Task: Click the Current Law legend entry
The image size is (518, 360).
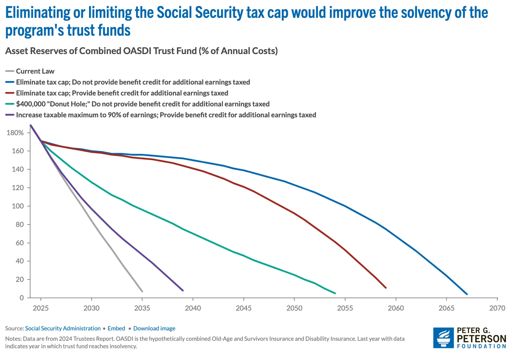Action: (35, 71)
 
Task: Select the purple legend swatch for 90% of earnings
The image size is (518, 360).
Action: (10, 115)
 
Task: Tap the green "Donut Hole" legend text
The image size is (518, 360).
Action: (143, 104)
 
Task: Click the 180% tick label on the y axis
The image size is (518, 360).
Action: (15, 133)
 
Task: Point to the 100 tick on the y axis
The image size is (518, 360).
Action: (18, 206)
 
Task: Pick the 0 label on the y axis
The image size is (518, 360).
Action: (22, 298)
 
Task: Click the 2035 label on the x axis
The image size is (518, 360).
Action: (142, 308)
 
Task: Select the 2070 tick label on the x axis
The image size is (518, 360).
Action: (497, 308)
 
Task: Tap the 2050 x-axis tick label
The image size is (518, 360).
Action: (294, 308)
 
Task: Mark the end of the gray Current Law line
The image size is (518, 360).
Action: (142, 291)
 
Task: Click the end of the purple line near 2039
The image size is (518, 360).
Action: (183, 290)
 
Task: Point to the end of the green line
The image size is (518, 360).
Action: (335, 293)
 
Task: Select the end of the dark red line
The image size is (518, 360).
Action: (386, 287)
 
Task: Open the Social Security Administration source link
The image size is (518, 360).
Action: (63, 329)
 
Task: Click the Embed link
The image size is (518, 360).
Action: (116, 329)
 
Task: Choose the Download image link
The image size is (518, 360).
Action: (154, 329)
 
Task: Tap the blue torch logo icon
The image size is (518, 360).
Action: (444, 338)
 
